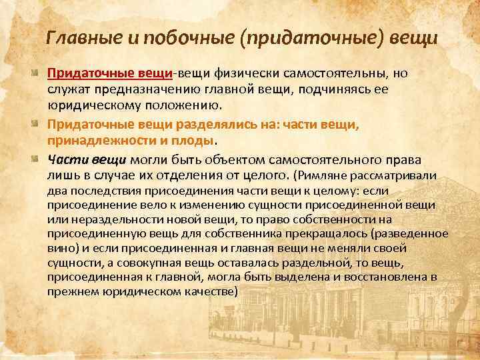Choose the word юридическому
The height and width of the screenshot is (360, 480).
pyautogui.click(x=93, y=106)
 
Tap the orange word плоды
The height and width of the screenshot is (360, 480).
pyautogui.click(x=196, y=141)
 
